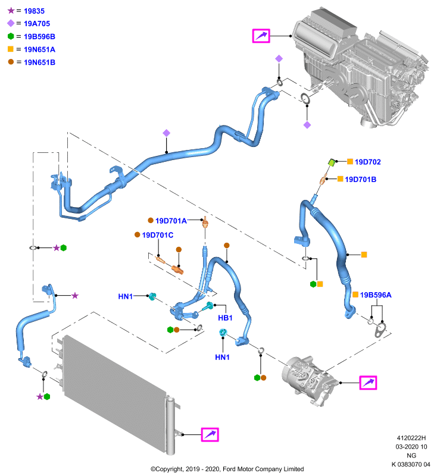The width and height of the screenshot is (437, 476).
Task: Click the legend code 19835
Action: click(x=34, y=11)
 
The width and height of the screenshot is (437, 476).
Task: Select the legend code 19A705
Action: click(x=37, y=24)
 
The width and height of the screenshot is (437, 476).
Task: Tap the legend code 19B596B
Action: click(x=39, y=36)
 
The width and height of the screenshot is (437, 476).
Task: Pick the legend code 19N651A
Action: click(x=39, y=49)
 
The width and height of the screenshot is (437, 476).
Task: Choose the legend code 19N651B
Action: click(x=39, y=62)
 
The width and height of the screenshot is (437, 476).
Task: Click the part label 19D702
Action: click(x=368, y=162)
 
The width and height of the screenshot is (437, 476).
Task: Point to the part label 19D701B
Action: click(x=360, y=180)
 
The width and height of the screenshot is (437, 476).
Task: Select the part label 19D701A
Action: click(x=171, y=221)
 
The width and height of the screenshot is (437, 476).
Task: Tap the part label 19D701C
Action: click(x=158, y=235)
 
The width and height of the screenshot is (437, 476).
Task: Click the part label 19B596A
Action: click(x=376, y=295)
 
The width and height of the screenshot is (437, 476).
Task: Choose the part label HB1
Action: click(x=225, y=318)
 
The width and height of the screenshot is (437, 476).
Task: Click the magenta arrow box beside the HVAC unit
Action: click(x=261, y=36)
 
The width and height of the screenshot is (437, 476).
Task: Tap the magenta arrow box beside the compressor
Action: click(x=368, y=383)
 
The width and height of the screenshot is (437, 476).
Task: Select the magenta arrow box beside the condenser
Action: click(x=210, y=434)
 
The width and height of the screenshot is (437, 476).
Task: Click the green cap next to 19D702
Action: click(x=332, y=162)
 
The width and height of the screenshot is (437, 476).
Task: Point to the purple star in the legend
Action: click(x=11, y=11)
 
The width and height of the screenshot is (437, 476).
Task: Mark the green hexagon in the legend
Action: click(x=11, y=36)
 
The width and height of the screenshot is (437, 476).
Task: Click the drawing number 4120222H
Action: click(x=411, y=438)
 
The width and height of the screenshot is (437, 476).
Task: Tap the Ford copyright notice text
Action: click(x=227, y=469)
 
